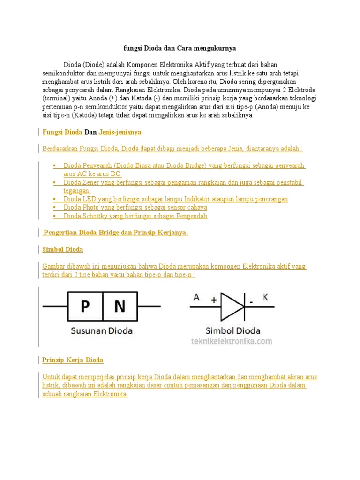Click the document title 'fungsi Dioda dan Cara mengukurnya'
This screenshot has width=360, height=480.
(x=180, y=48)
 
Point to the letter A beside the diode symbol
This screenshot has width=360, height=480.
(x=196, y=298)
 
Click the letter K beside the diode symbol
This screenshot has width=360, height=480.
(x=265, y=298)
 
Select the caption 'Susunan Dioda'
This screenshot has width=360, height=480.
(x=101, y=330)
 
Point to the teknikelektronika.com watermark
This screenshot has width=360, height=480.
(x=231, y=341)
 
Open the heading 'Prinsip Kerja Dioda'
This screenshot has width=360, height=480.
(x=73, y=360)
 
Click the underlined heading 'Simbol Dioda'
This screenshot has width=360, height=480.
(x=63, y=249)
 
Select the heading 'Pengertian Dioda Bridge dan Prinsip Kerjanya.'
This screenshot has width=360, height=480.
(x=115, y=232)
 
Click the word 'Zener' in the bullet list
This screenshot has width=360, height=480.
(x=93, y=182)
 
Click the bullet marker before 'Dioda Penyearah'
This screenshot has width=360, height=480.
(x=55, y=165)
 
